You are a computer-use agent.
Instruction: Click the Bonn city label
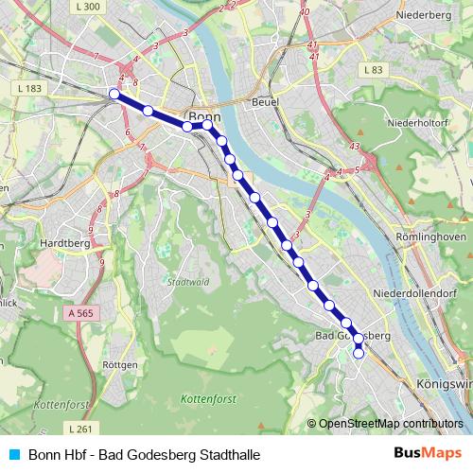pyautogui.click(x=204, y=106)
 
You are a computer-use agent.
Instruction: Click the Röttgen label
pyautogui.click(x=122, y=364)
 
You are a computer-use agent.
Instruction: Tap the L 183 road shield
pyautogui.click(x=30, y=88)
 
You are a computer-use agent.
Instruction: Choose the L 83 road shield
pyautogui.click(x=373, y=70)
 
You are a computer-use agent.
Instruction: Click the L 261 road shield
pyautogui.click(x=81, y=429)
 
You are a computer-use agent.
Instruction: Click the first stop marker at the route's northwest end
pyautogui.click(x=114, y=94)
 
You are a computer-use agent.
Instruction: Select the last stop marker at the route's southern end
pyautogui.click(x=359, y=354)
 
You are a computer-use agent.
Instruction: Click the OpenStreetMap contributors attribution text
pyautogui.click(x=391, y=424)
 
